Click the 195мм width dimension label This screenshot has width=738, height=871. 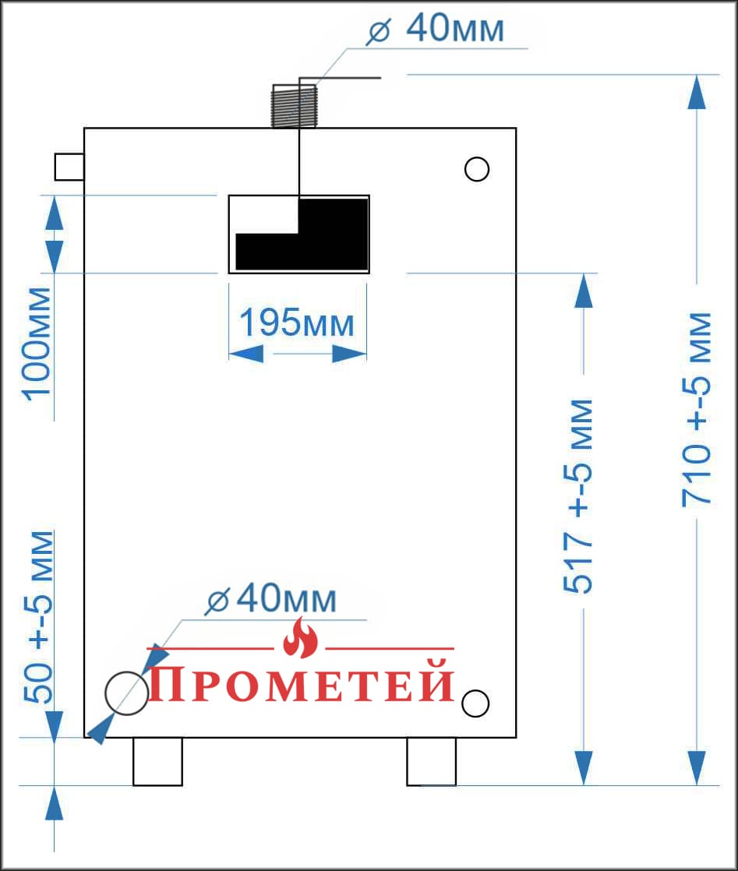[x=297, y=323]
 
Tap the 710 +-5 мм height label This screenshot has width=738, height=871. [x=697, y=409]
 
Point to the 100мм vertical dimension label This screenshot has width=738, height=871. [x=37, y=344]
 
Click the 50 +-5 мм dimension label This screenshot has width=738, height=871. [x=39, y=617]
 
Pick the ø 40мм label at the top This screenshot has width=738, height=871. [x=435, y=28]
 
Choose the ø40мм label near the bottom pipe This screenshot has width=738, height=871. [x=270, y=598]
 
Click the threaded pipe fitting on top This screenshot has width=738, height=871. [x=294, y=106]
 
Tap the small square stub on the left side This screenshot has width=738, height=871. [x=69, y=167]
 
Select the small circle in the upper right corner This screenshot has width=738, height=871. [x=477, y=169]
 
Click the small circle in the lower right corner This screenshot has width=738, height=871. [x=475, y=703]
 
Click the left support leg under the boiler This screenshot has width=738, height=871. [x=158, y=762]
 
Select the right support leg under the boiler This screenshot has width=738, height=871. [x=431, y=762]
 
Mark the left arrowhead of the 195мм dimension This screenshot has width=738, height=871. [x=245, y=353]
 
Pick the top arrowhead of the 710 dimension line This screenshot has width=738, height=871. [x=697, y=92]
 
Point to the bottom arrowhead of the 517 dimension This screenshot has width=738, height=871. [x=584, y=768]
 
